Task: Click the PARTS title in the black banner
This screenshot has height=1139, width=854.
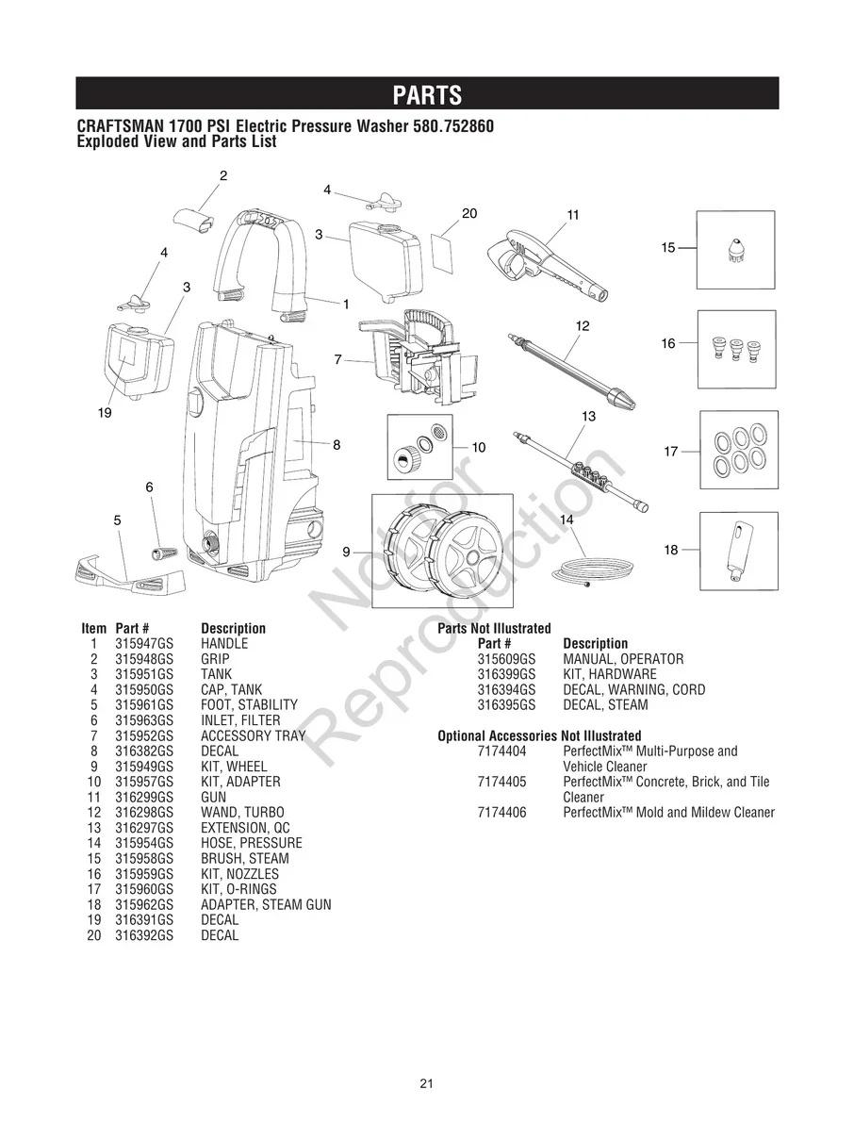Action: pos(427,95)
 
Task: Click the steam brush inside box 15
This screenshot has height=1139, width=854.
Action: pos(735,250)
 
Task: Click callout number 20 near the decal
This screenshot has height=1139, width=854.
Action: pos(469,213)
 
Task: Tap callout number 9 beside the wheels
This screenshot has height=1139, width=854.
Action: pos(346,552)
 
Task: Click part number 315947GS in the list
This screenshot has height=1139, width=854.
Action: pos(144,644)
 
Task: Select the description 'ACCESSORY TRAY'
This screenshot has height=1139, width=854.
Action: pos(253,736)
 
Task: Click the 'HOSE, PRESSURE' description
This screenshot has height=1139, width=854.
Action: pos(252,844)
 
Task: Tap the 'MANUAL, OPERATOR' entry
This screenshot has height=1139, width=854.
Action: pos(623,660)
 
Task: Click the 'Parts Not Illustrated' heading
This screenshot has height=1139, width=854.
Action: pos(494,629)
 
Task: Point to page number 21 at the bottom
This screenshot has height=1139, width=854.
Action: pos(426,1083)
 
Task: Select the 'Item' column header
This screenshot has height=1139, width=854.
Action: pos(94,629)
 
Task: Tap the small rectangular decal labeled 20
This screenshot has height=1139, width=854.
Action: pos(441,250)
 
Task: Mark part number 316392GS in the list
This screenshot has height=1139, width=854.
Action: pos(144,936)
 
